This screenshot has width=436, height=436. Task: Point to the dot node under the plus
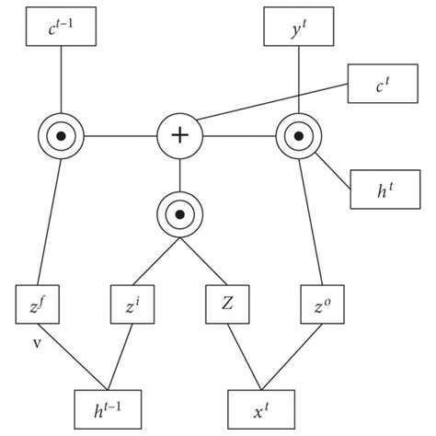(x=179, y=213)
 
